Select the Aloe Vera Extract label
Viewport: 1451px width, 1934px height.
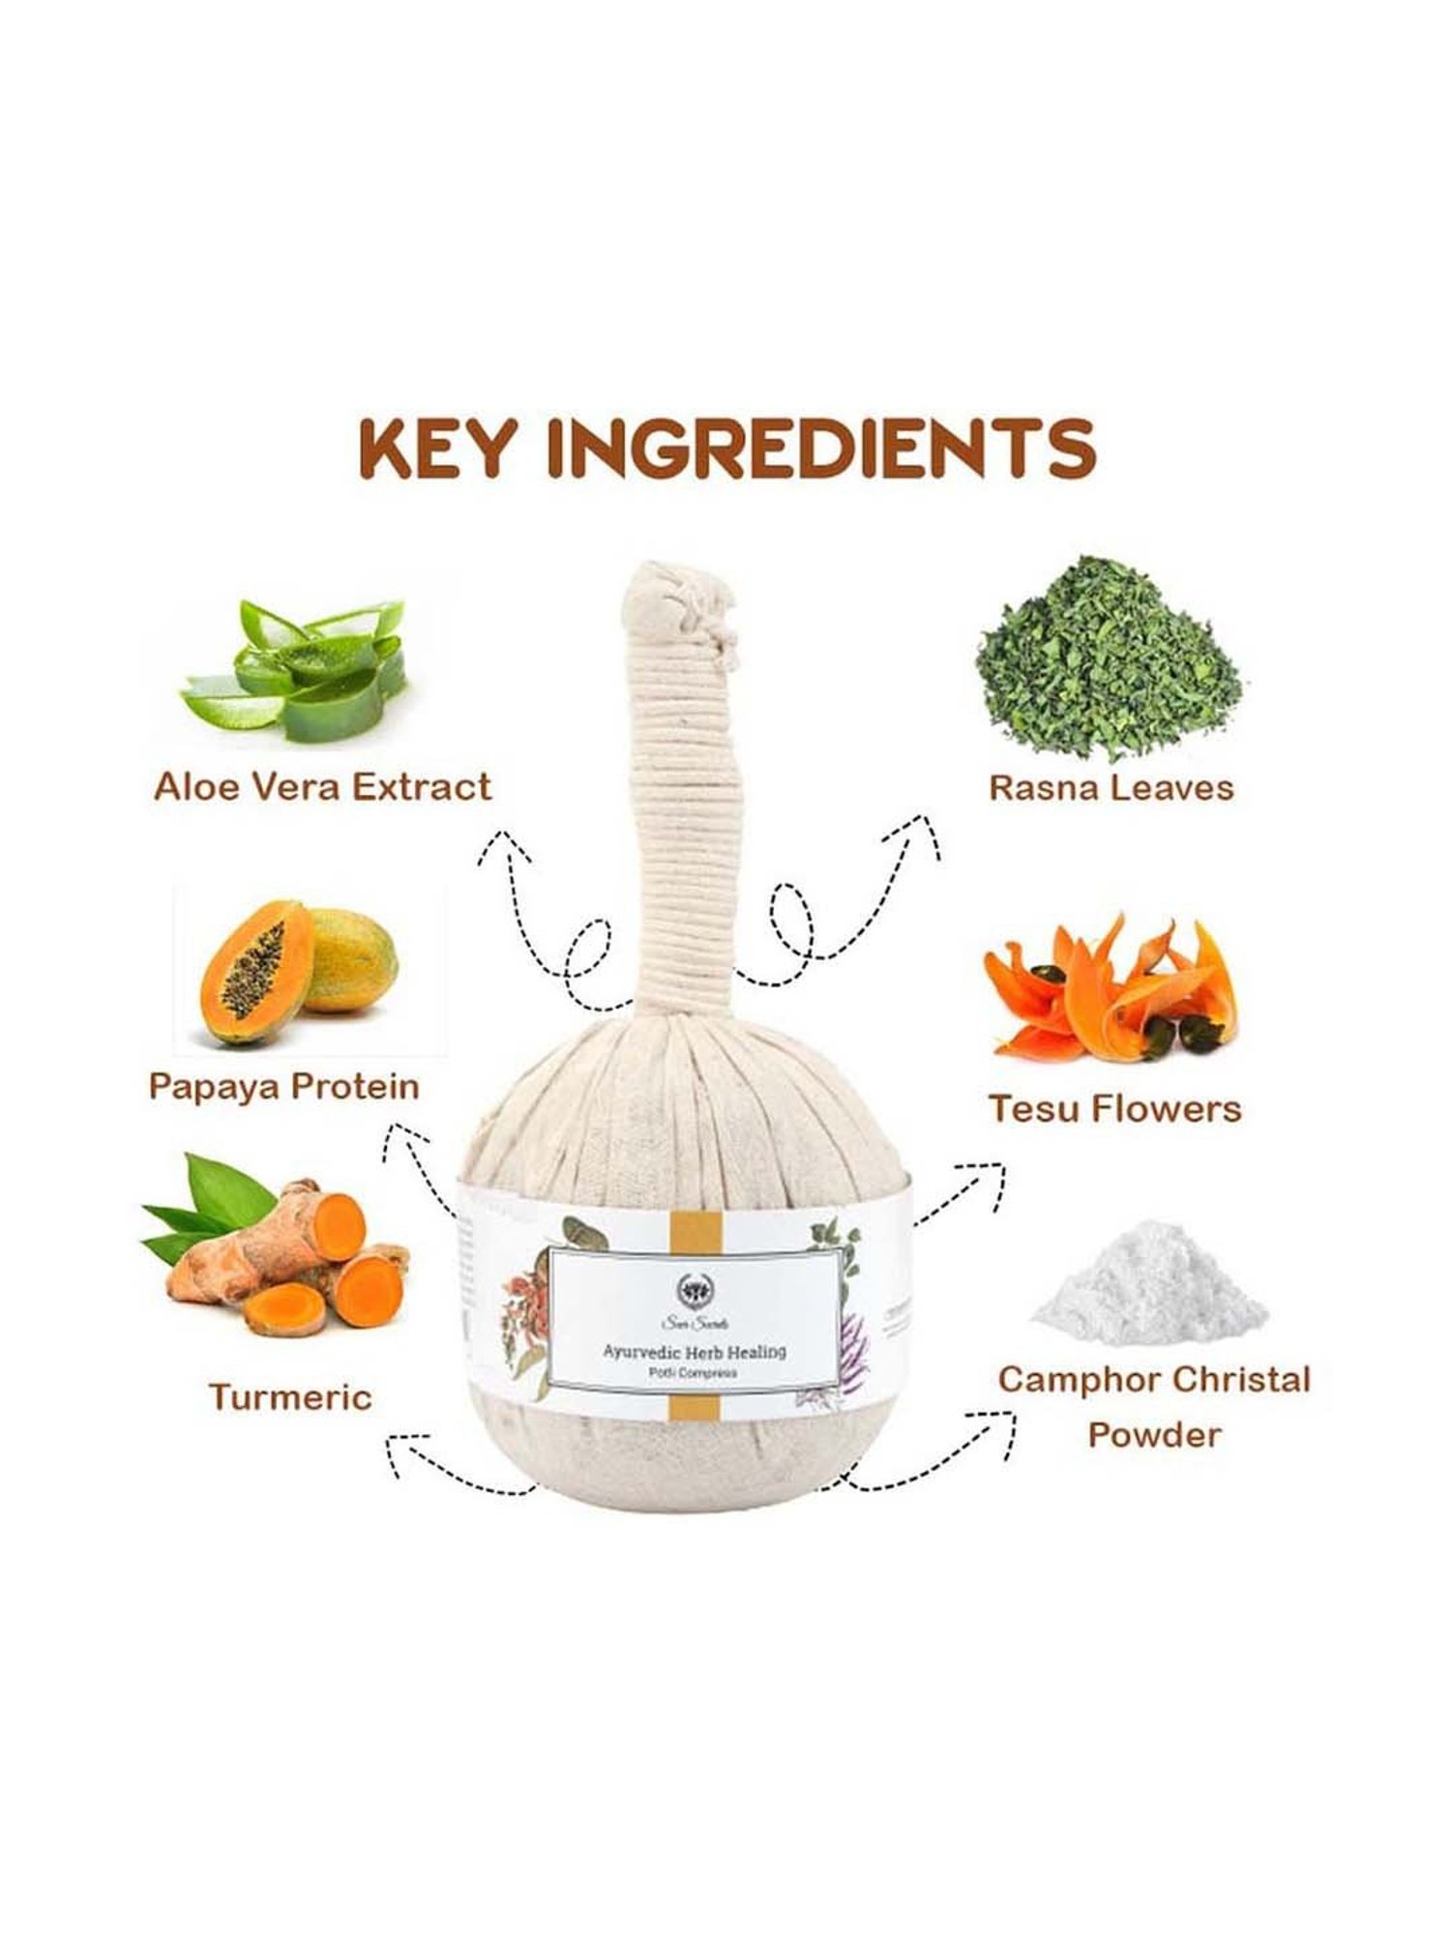(x=323, y=786)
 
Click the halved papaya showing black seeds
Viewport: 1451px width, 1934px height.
(x=254, y=971)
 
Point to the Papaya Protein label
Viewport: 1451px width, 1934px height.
(x=283, y=1086)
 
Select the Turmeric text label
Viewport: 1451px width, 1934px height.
(x=290, y=1397)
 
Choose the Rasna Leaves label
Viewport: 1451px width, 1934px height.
(x=1110, y=787)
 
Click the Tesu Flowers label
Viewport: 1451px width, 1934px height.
(x=1114, y=1109)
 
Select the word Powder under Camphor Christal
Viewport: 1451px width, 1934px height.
(x=1153, y=1435)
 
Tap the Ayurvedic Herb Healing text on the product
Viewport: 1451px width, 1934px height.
(x=694, y=1352)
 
